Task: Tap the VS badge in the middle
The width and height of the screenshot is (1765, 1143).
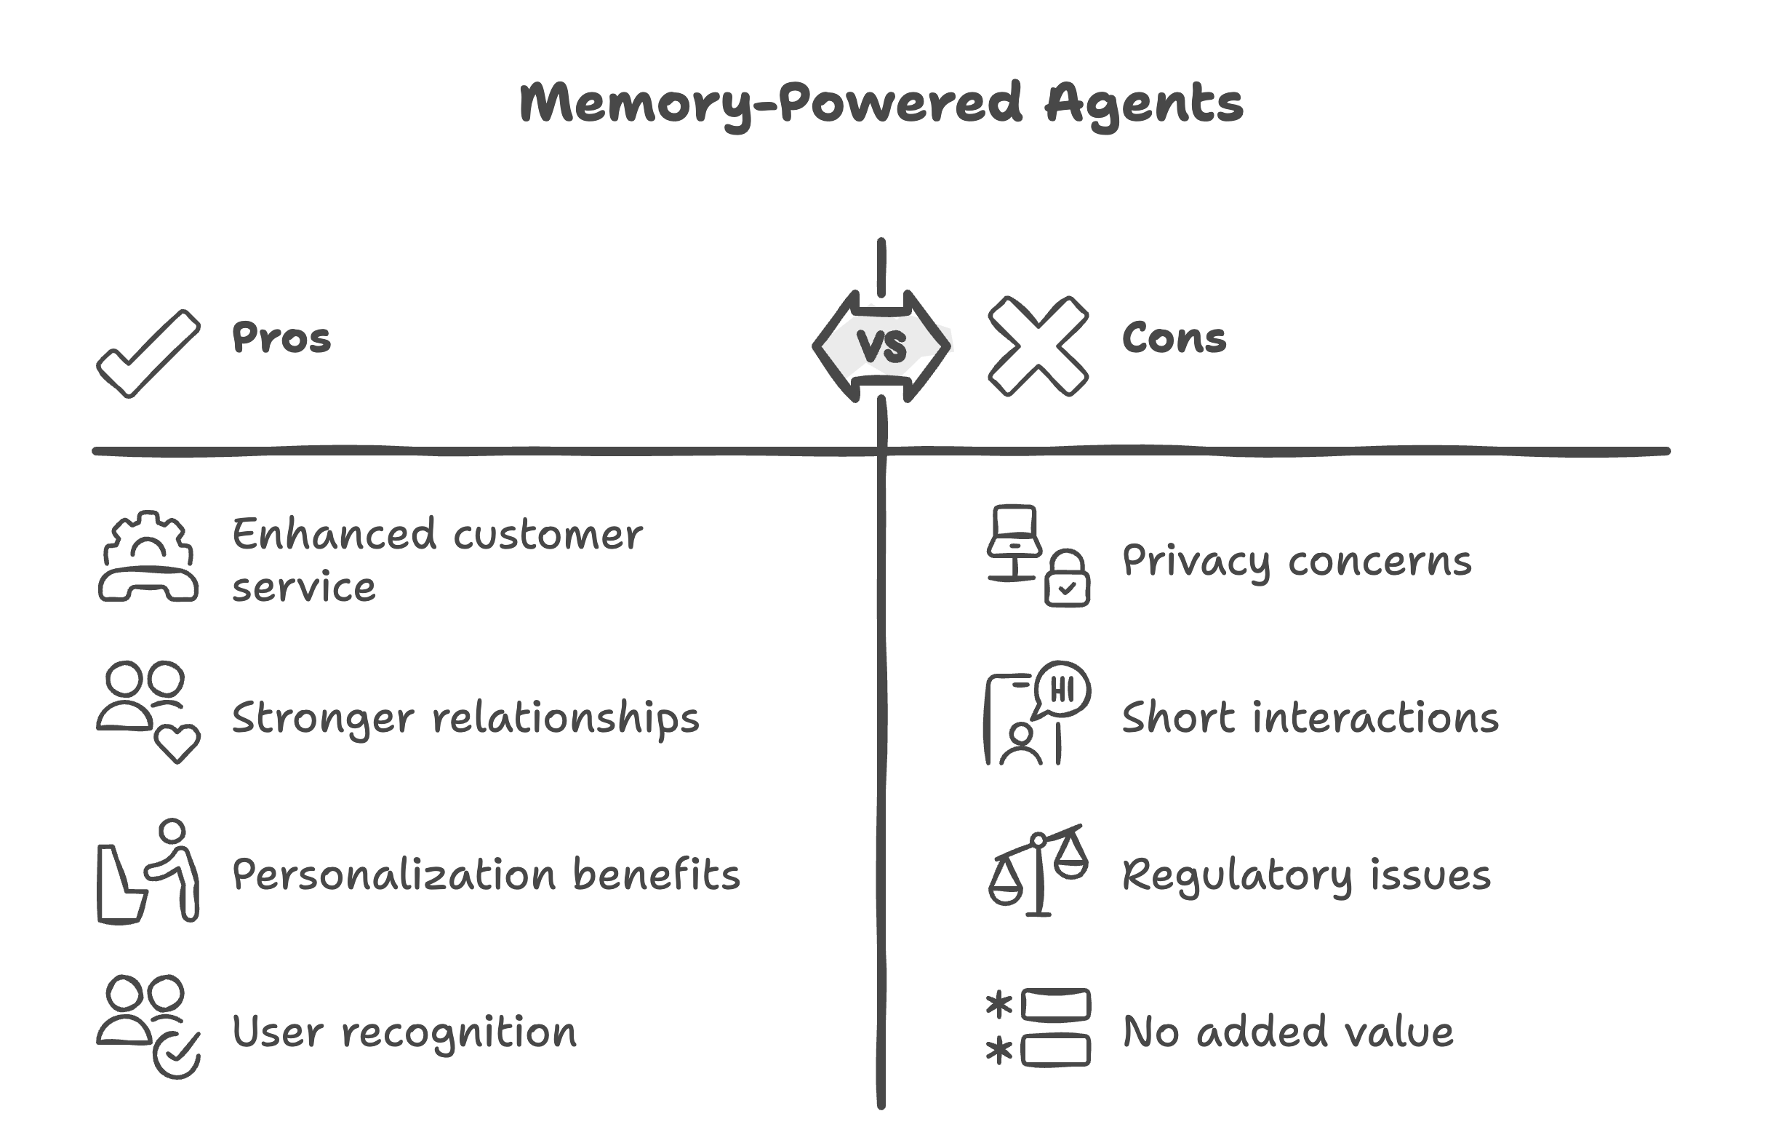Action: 881,346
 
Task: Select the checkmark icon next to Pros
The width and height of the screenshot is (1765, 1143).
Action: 148,352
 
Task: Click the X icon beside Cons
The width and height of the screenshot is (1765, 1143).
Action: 1038,346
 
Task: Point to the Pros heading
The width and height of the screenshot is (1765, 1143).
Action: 281,338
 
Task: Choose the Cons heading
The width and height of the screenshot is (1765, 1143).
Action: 1174,338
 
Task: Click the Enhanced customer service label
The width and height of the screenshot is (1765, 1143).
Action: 437,559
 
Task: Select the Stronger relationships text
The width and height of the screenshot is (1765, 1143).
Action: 465,717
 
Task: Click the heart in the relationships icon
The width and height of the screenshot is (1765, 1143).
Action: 177,742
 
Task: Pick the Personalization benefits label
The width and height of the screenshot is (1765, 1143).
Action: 486,875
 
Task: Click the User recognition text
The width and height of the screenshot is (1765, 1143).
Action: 404,1032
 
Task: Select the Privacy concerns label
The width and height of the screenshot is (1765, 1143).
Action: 1297,561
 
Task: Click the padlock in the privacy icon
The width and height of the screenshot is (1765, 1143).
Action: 1066,579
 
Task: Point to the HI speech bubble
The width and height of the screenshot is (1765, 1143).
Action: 1062,689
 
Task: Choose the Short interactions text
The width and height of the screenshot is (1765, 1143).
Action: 1310,717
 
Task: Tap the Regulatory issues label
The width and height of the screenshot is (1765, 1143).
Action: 1306,875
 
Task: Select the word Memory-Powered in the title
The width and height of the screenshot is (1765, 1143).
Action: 772,105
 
